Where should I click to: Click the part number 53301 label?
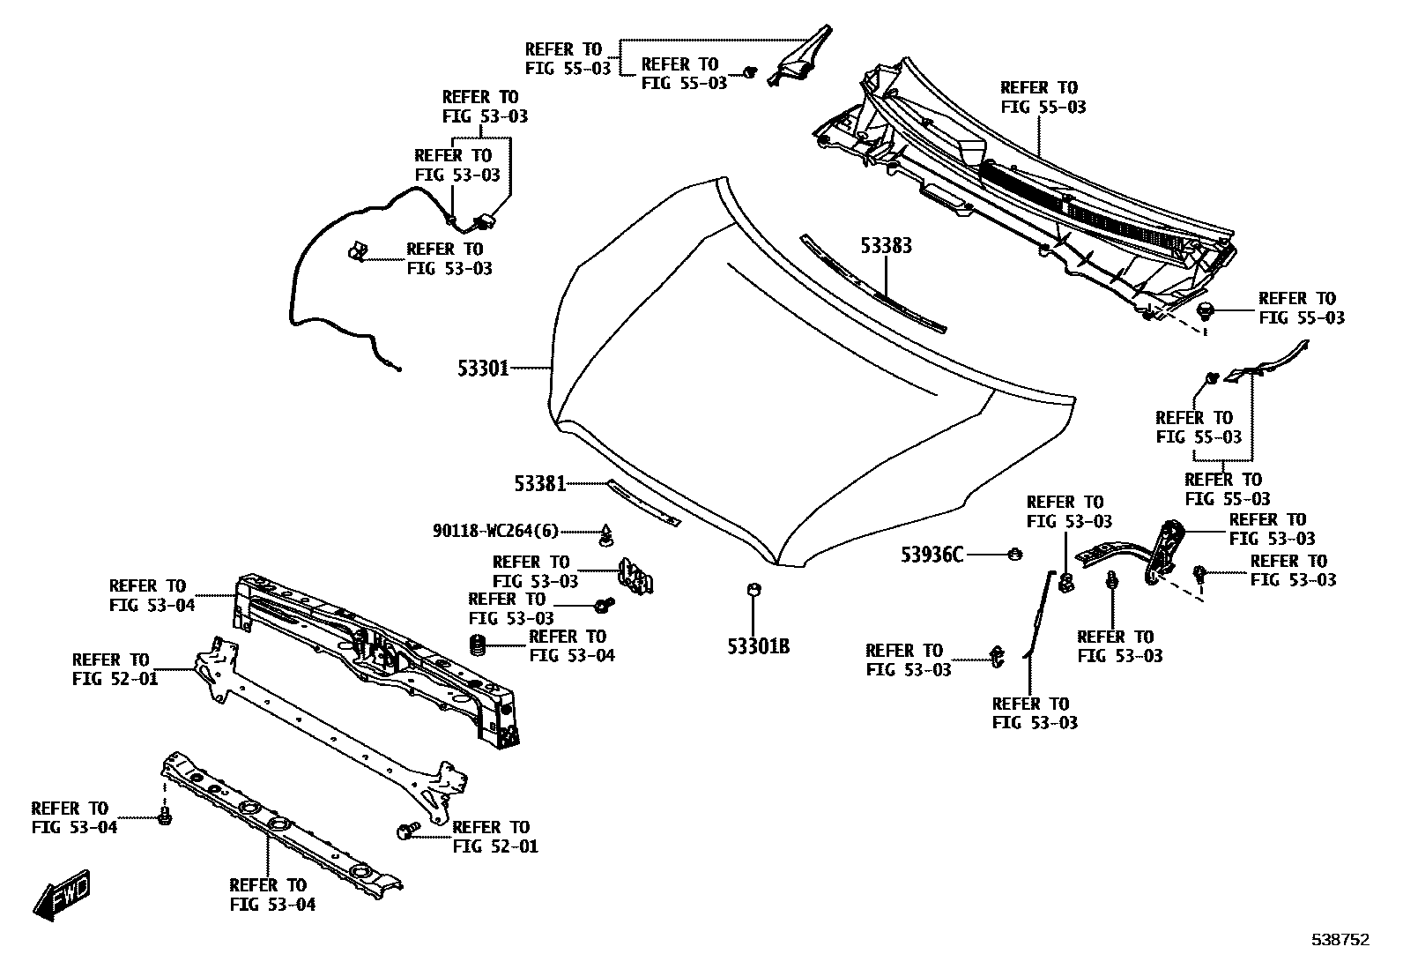coord(483,368)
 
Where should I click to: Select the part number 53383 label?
coord(886,246)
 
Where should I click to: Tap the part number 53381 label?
coord(539,483)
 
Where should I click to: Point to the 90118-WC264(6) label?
coord(495,531)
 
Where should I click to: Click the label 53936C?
coord(932,555)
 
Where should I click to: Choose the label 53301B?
coord(758,646)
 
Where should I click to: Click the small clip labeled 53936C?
coord(1013,554)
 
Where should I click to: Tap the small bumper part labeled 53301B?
coord(753,590)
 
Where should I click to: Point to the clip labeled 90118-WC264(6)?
coord(606,533)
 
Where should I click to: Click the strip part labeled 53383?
coord(872,284)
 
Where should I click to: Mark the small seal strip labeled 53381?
coord(643,503)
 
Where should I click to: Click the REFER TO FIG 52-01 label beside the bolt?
coord(494,837)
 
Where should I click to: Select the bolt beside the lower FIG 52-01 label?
coord(407,831)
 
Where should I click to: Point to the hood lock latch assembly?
coord(636,574)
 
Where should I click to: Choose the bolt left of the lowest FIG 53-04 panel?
coord(164,816)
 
